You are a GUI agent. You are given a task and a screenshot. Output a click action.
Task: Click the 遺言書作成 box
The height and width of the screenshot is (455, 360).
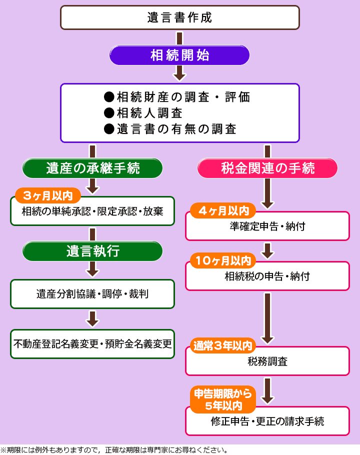click(179, 17)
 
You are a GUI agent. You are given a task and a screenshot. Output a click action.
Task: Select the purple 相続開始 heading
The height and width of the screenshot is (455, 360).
click(179, 55)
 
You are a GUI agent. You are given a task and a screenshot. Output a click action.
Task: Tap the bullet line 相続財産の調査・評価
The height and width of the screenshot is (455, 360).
click(176, 96)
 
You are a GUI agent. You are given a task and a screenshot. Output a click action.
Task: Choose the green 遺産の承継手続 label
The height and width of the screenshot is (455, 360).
click(92, 168)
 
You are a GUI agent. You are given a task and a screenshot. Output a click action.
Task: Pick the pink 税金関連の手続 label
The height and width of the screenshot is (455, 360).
click(267, 168)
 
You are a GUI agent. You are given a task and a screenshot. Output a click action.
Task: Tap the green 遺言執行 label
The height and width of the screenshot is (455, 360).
click(92, 251)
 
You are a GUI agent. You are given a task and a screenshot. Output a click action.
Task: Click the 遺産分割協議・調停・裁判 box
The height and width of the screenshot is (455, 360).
click(92, 294)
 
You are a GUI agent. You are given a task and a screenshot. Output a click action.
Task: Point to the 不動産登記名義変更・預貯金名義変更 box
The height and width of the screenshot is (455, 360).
click(92, 344)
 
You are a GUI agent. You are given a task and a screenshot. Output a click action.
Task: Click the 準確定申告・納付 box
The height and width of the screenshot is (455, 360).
click(267, 227)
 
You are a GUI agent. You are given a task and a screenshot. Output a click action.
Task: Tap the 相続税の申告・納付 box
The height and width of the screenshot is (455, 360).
click(267, 276)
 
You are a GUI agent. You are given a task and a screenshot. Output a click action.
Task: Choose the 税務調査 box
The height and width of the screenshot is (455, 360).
click(267, 361)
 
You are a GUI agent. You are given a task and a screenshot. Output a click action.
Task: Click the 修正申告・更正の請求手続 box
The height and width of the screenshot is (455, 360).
click(267, 421)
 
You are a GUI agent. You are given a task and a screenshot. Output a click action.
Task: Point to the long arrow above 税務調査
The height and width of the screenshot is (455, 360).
click(267, 318)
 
